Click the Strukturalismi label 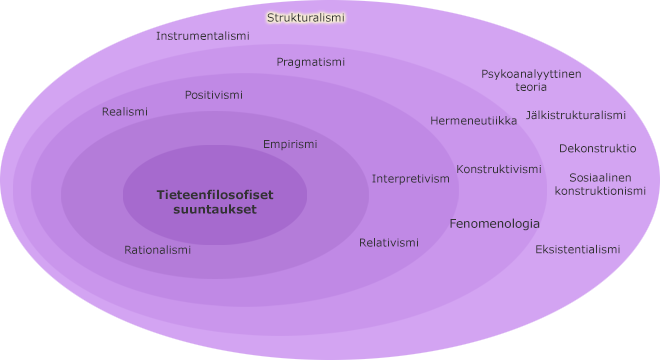[305, 17]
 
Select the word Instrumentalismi [203, 36]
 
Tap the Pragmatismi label [311, 62]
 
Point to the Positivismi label [214, 95]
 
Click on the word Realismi [125, 112]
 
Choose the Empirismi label [290, 144]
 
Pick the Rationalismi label [158, 250]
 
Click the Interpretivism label [411, 179]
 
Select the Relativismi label [389, 243]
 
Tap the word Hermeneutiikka [474, 121]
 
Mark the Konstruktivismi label [499, 169]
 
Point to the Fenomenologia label [495, 224]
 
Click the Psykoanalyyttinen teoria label [531, 80]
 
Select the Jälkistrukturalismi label [576, 115]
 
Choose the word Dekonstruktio [598, 148]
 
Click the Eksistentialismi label [578, 249]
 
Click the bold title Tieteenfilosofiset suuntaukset [215, 202]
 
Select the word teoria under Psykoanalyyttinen [531, 87]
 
